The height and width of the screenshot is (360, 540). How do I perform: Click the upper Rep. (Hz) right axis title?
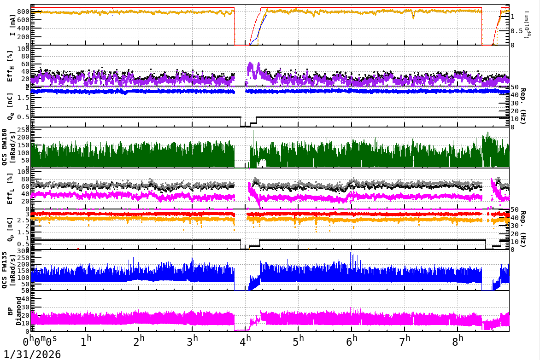[524, 107]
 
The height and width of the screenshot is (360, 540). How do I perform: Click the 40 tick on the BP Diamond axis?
[26, 299]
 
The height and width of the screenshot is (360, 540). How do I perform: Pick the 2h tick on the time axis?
[141, 342]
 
